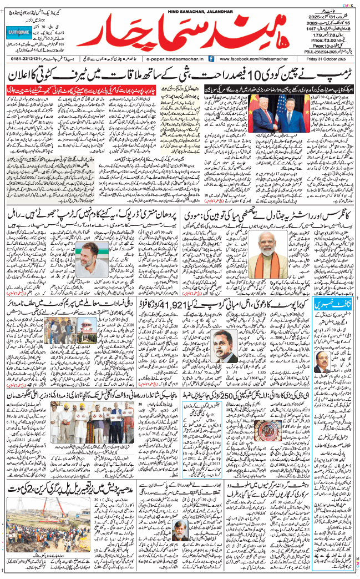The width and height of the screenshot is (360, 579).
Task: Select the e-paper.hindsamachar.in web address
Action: tap(173, 58)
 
